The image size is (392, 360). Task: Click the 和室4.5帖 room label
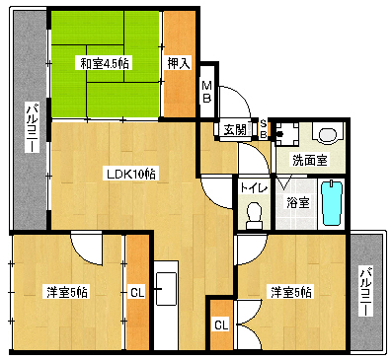(x=105, y=63)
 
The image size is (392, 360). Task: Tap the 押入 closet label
(x=179, y=63)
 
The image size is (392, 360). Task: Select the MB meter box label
(x=206, y=93)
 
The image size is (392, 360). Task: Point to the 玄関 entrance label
(x=235, y=130)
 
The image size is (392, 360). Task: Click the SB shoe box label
(x=264, y=129)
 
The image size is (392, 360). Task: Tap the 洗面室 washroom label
(x=310, y=161)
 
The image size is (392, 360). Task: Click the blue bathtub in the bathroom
(x=332, y=203)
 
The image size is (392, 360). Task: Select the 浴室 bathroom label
(x=297, y=203)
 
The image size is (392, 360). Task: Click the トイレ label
(x=254, y=188)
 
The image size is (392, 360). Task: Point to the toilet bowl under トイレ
(x=254, y=215)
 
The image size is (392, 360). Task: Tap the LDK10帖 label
(x=131, y=174)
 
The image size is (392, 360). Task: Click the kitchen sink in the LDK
(x=166, y=289)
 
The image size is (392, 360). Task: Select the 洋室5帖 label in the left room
(x=67, y=292)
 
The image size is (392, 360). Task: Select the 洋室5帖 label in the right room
(x=291, y=292)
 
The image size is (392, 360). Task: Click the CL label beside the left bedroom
(x=137, y=292)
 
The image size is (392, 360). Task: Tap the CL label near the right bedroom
(x=221, y=325)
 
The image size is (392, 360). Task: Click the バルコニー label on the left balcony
(x=33, y=127)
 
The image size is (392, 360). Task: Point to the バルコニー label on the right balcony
(x=366, y=292)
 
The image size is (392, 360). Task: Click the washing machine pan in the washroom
(x=287, y=134)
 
